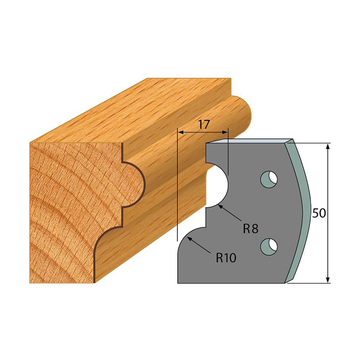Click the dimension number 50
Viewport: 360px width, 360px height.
pyautogui.click(x=319, y=213)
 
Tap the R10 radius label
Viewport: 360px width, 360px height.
pyautogui.click(x=226, y=257)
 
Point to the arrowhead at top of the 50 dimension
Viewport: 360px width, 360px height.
pyautogui.click(x=328, y=146)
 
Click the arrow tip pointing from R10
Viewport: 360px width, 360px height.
pyautogui.click(x=188, y=238)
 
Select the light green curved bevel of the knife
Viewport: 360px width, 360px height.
pyautogui.click(x=302, y=209)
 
